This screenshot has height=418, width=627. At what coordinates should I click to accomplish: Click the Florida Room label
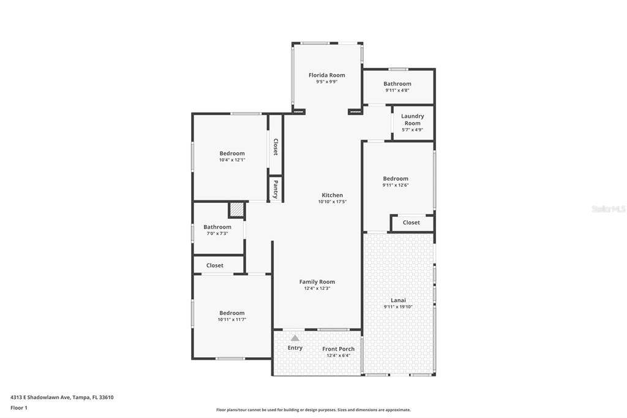(327, 75)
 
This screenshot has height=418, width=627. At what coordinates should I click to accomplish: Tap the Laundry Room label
(412, 120)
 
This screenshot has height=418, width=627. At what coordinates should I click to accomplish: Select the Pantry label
(276, 189)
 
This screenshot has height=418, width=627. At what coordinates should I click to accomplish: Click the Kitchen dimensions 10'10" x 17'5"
(332, 202)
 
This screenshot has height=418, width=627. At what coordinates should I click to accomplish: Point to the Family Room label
(317, 282)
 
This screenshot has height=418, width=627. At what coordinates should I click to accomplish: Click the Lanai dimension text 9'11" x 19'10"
(398, 307)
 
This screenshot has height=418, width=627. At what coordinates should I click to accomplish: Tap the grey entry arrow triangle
(295, 338)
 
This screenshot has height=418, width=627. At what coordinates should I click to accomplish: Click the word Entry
(295, 348)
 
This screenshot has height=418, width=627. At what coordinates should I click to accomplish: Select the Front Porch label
(338, 349)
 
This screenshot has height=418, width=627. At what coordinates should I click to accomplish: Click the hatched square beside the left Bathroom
(236, 210)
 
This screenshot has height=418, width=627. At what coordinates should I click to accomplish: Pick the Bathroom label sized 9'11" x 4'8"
(397, 84)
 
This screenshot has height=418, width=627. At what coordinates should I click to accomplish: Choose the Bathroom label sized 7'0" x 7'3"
(217, 227)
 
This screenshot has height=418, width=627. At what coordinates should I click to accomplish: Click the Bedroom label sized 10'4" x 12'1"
(232, 153)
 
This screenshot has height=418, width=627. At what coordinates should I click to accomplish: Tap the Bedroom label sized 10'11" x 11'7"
(232, 313)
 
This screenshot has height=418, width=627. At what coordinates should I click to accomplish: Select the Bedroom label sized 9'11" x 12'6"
(396, 178)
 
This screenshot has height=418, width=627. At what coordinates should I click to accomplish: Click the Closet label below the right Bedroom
(411, 222)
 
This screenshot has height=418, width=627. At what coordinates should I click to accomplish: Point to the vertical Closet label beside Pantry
(276, 147)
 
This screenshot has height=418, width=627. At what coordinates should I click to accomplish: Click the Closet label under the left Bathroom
(215, 265)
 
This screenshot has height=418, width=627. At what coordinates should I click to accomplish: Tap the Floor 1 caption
(19, 408)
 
